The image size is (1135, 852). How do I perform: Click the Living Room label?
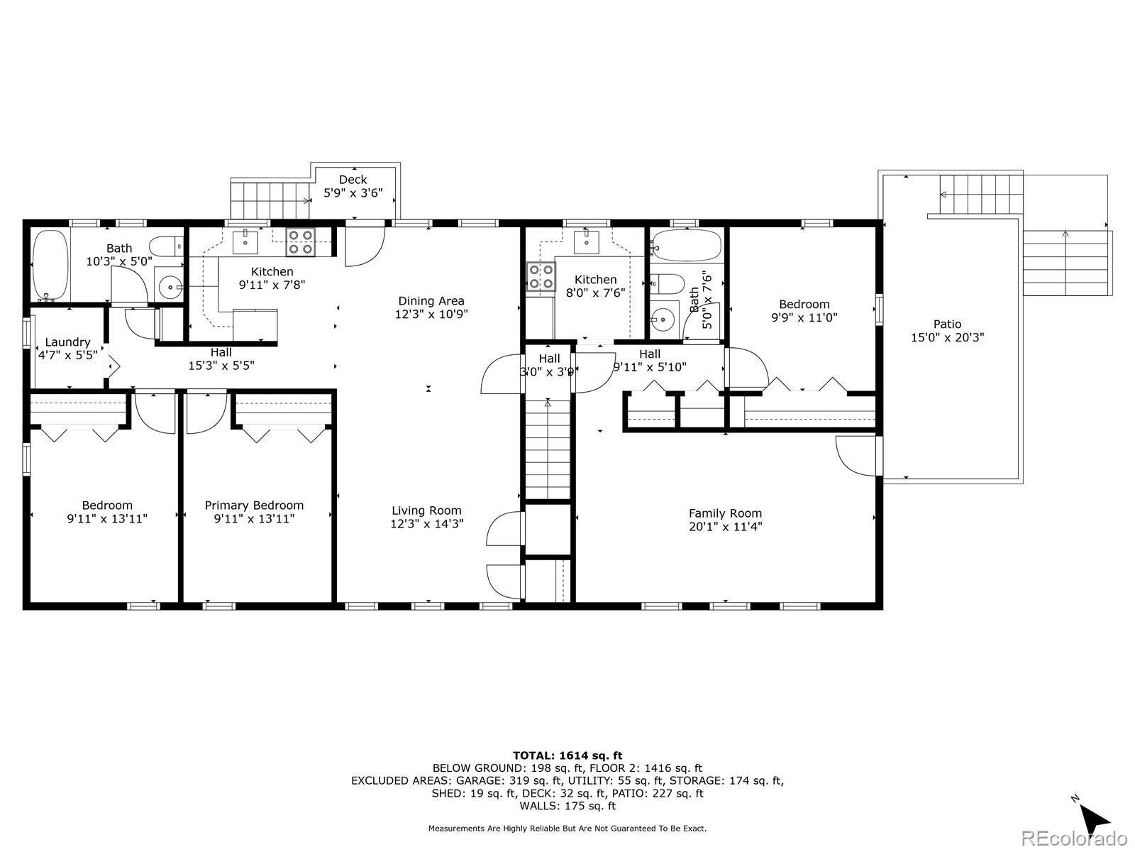pos(426,510)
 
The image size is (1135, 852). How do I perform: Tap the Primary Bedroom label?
pos(254,506)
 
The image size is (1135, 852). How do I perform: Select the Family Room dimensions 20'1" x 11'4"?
pos(725,527)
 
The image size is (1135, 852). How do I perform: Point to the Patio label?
pos(947,324)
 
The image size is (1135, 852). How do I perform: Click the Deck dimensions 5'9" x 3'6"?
pos(353,193)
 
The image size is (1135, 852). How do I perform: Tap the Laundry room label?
pos(67,342)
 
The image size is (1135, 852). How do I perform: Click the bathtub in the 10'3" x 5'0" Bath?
pos(50,265)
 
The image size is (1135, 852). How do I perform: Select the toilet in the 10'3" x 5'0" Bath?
pos(166,247)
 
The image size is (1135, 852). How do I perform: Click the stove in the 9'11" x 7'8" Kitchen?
pos(301,242)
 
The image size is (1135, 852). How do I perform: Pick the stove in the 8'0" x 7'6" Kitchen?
pos(541,276)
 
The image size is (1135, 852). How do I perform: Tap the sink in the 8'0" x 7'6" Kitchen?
pos(587,242)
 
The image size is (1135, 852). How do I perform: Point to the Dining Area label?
pos(431,301)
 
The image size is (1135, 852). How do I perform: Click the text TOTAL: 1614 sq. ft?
pos(567,755)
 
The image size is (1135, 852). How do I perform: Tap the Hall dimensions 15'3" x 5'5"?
pos(221,366)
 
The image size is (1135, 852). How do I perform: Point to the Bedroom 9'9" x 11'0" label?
pos(804,304)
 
